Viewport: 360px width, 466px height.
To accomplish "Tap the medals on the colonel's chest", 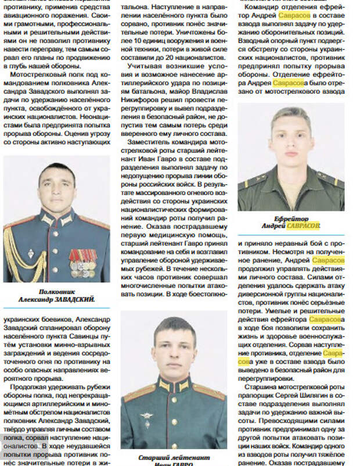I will [82, 263].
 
